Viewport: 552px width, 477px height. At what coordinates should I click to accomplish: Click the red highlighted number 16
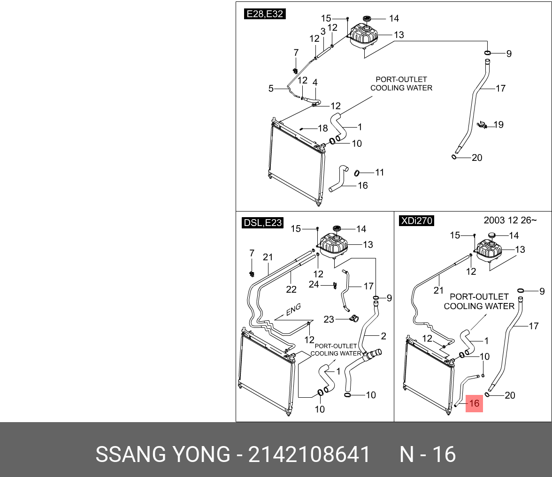coord(474,403)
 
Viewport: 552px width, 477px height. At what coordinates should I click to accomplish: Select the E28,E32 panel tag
coord(265,14)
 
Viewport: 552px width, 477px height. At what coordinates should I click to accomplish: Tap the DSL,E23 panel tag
coord(263,223)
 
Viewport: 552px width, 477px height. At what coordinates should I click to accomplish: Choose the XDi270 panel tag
coord(416,220)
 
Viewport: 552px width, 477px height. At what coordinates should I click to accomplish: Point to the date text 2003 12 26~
coord(510,220)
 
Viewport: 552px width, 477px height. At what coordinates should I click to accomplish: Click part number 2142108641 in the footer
coord(309,454)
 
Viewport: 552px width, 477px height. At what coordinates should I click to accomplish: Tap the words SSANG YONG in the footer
coord(163,454)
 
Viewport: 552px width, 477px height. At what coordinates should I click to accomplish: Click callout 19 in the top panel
coord(498,124)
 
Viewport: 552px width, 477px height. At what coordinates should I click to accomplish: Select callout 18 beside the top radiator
coord(322,128)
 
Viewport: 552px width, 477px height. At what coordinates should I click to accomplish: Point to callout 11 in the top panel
coord(379,173)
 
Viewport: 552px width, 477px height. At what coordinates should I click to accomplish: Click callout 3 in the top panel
coord(323,31)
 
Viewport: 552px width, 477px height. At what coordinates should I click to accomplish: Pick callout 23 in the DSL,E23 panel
coord(329,319)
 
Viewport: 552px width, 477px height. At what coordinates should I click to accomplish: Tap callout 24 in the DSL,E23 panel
coord(314,284)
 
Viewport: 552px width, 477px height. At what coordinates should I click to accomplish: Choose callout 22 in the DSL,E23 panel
coord(291,289)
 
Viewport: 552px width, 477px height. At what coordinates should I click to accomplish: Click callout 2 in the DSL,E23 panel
coord(383,336)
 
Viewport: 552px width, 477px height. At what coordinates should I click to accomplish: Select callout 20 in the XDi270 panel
coord(510,395)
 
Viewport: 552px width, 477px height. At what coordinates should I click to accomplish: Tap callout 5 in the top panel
coord(271,88)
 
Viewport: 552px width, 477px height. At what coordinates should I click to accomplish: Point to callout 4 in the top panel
coord(315,83)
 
